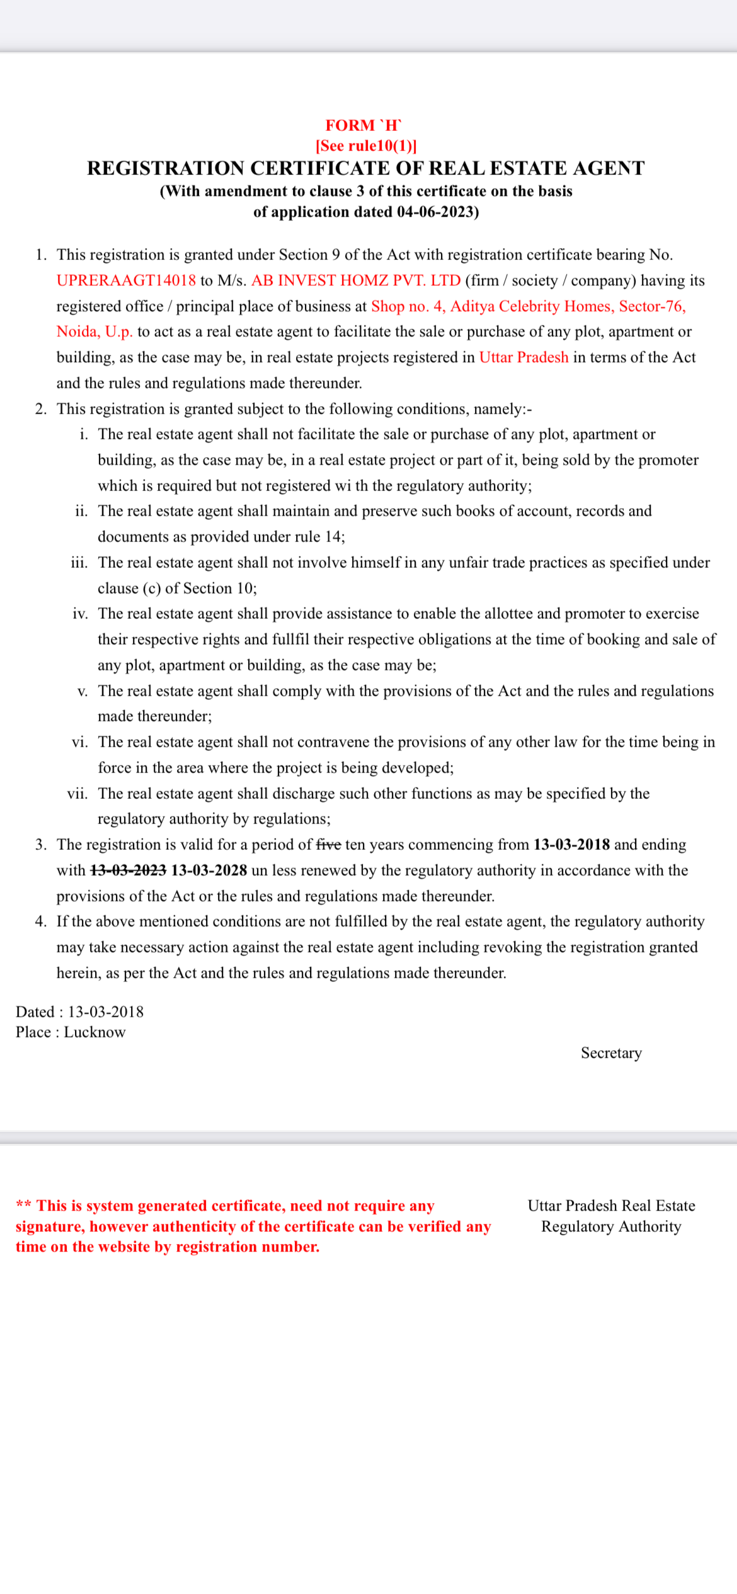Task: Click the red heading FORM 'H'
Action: click(x=363, y=125)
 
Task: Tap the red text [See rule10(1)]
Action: click(x=366, y=146)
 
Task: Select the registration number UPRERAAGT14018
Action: click(x=126, y=281)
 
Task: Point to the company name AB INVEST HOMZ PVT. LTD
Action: click(x=356, y=281)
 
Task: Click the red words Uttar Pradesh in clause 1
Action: click(x=523, y=358)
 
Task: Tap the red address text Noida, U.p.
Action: click(x=94, y=332)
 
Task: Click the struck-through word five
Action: click(x=328, y=845)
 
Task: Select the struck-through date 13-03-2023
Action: click(x=129, y=871)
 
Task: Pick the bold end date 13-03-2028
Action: click(x=209, y=871)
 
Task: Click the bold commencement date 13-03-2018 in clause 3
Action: click(x=571, y=845)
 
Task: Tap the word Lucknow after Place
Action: click(x=94, y=1032)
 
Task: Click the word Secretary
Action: click(x=611, y=1053)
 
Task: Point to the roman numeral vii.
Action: click(x=77, y=794)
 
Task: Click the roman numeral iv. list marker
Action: click(x=80, y=614)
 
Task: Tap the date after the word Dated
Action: click(x=106, y=1012)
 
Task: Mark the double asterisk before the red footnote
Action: click(x=23, y=1206)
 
